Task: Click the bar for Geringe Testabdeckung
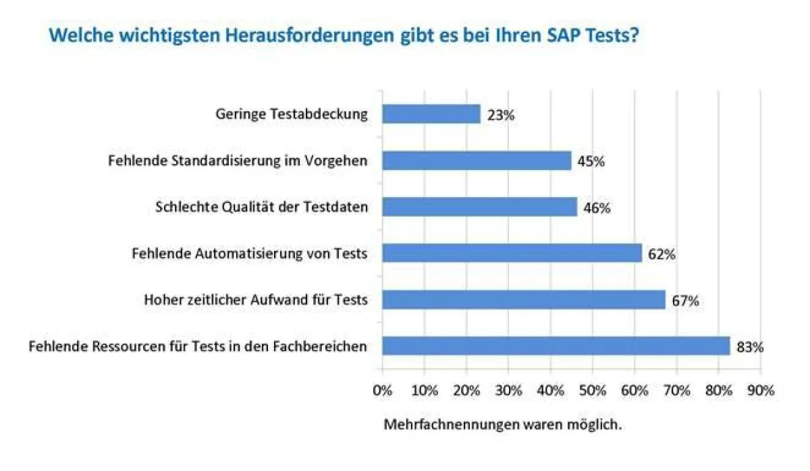point(431,114)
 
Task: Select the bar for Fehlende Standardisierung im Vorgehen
point(477,161)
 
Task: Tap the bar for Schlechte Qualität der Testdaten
point(479,207)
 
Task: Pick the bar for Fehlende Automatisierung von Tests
point(512,253)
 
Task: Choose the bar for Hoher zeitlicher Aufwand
point(523,300)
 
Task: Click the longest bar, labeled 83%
point(556,346)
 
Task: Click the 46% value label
point(597,209)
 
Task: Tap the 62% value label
point(661,254)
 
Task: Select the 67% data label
point(684,301)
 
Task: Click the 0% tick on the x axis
point(382,391)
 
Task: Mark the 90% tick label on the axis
point(760,391)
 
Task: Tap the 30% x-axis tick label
point(508,391)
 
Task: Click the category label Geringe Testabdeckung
point(292,114)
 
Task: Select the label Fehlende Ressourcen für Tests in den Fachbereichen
point(198,346)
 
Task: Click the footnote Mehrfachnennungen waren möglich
point(502,425)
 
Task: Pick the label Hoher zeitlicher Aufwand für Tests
point(256,300)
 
